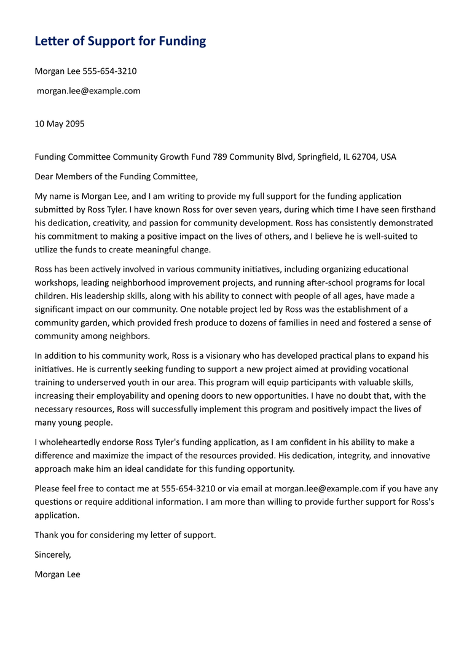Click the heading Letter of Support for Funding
click(x=120, y=41)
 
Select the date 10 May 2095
click(x=60, y=123)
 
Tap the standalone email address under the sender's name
click(x=88, y=91)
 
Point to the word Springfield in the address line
click(x=319, y=157)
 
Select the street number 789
click(x=220, y=157)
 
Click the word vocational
click(x=387, y=369)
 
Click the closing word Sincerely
click(x=53, y=554)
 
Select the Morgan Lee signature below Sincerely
click(x=57, y=574)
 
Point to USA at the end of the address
click(x=388, y=157)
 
